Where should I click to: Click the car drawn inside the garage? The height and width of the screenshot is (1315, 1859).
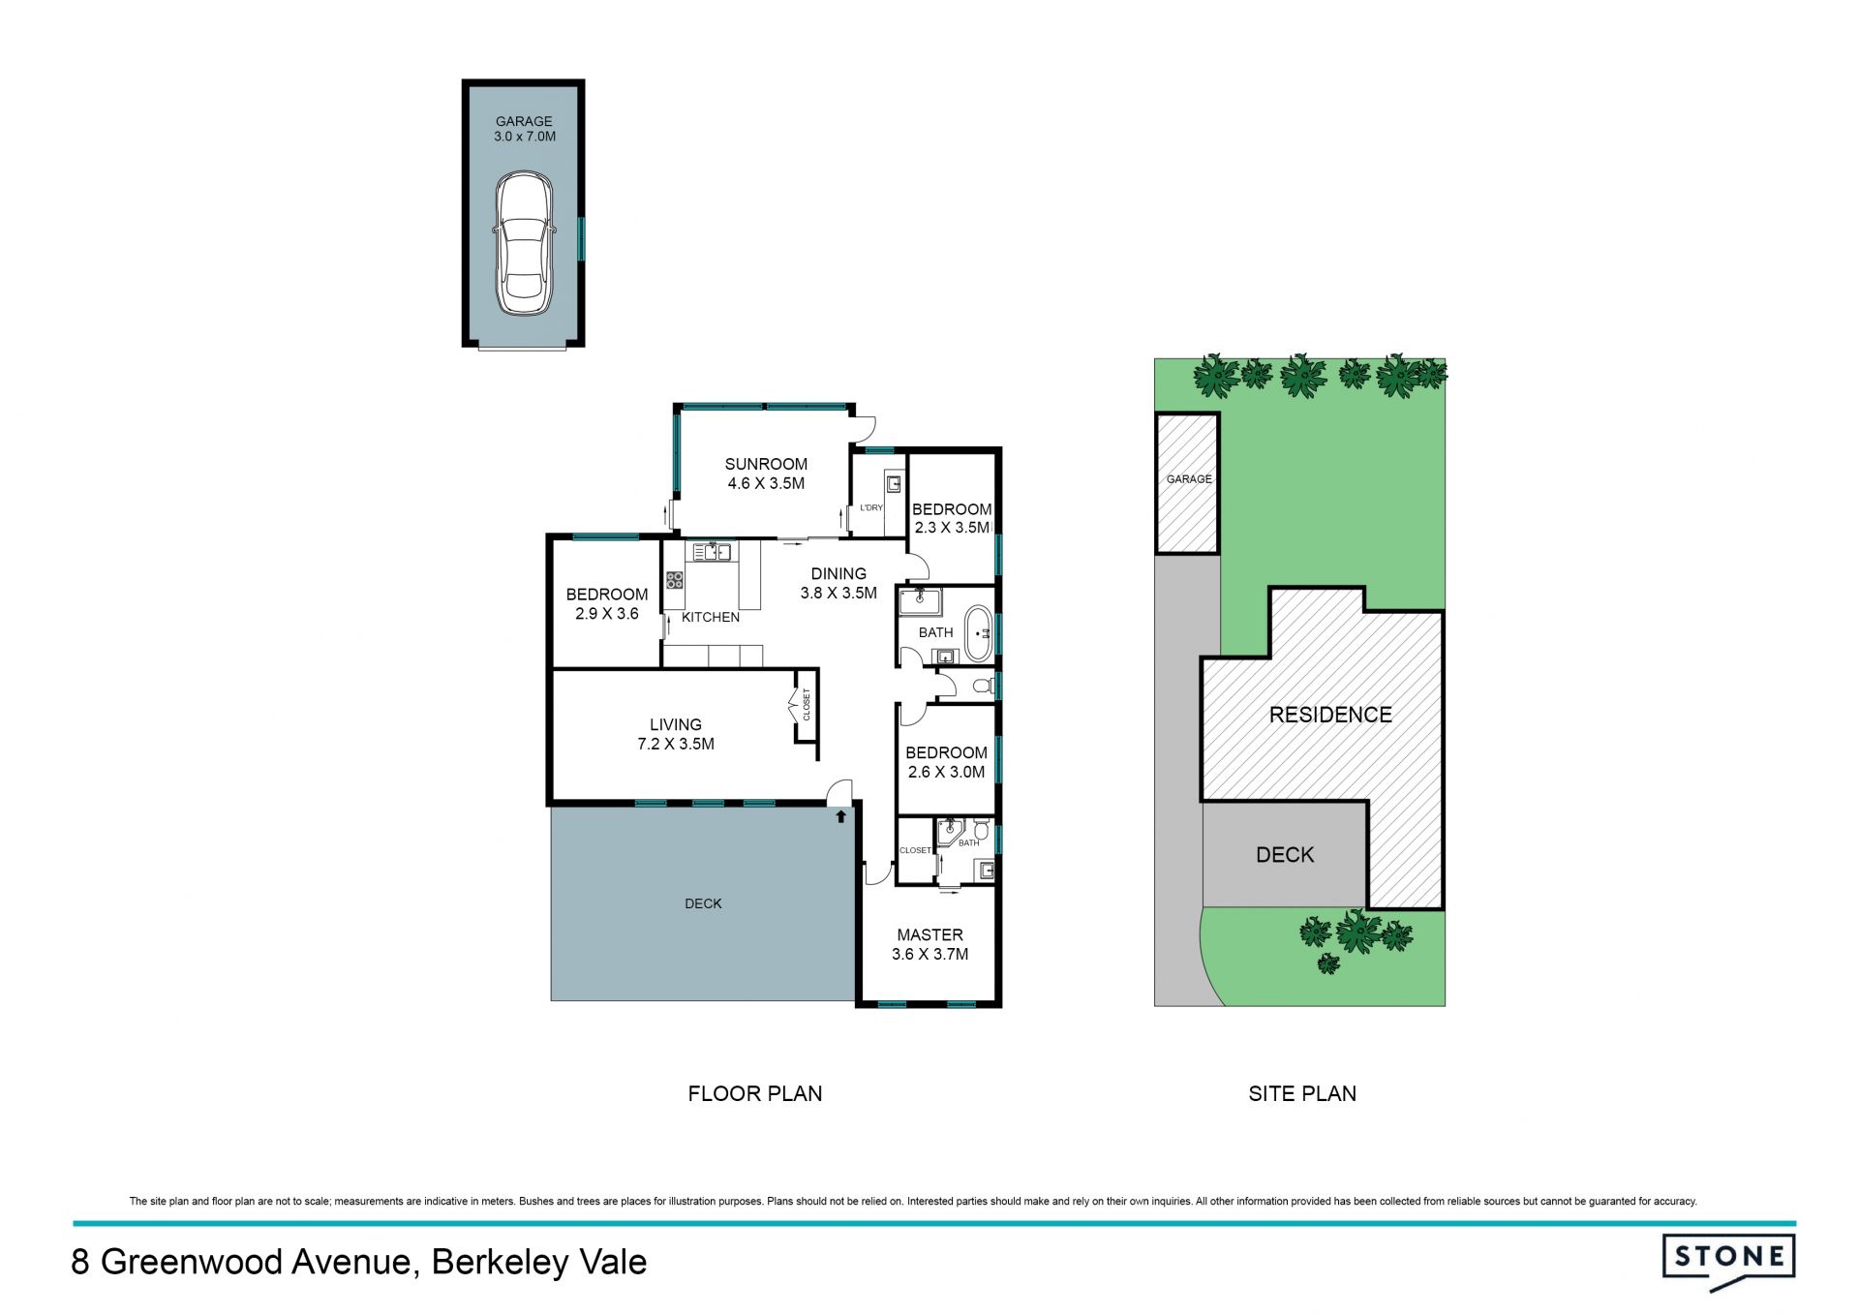pyautogui.click(x=524, y=244)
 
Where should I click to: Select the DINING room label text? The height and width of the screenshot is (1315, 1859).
pyautogui.click(x=838, y=573)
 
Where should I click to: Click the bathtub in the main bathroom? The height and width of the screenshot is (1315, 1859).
pyautogui.click(x=980, y=634)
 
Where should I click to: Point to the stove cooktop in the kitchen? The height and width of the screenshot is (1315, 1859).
pyautogui.click(x=674, y=580)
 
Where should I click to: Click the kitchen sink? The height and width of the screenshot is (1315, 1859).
pyautogui.click(x=712, y=552)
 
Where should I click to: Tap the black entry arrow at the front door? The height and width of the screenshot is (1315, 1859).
pyautogui.click(x=840, y=816)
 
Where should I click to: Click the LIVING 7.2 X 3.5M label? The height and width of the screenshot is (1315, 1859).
pyautogui.click(x=676, y=734)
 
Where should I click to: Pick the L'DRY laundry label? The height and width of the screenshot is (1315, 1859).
pyautogui.click(x=871, y=507)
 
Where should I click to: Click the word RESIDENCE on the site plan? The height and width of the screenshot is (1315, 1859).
pyautogui.click(x=1330, y=715)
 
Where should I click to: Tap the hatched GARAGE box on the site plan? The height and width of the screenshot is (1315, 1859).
pyautogui.click(x=1187, y=483)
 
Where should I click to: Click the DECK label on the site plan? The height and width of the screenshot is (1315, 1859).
pyautogui.click(x=1285, y=855)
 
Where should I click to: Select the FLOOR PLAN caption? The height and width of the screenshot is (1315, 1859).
pyautogui.click(x=755, y=1093)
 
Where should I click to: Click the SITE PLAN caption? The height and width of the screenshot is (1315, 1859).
pyautogui.click(x=1302, y=1093)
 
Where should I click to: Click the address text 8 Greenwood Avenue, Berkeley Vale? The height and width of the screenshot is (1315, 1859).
pyautogui.click(x=359, y=1263)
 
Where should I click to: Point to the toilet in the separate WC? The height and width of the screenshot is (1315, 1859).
pyautogui.click(x=983, y=686)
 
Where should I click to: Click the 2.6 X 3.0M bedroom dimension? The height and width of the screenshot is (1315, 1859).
pyautogui.click(x=946, y=772)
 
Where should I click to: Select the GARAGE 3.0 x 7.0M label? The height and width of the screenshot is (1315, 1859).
pyautogui.click(x=524, y=129)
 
